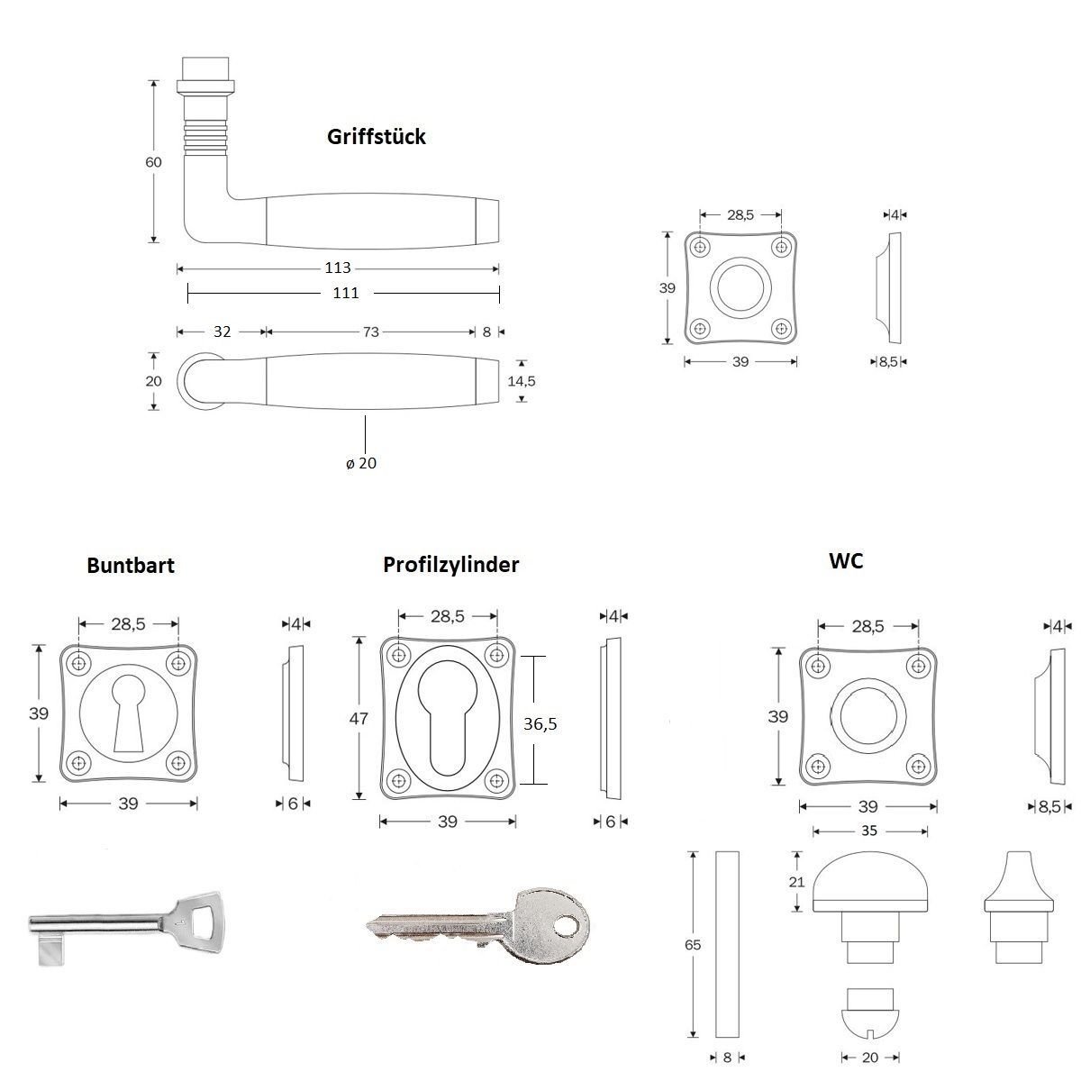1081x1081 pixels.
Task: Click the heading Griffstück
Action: point(376,137)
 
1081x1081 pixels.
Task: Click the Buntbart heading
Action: point(131,566)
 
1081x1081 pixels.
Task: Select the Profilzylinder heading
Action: point(450,565)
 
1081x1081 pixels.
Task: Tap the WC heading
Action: point(845,560)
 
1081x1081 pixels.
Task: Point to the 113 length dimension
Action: point(338,268)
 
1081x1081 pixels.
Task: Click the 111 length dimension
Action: point(346,292)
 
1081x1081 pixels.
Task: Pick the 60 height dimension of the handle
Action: point(153,162)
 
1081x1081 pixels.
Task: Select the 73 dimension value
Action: point(370,332)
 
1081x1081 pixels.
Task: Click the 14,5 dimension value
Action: point(521,381)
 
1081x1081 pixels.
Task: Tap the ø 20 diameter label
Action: point(361,463)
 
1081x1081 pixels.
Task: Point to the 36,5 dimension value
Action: point(540,722)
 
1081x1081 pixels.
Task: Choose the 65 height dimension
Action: point(692,945)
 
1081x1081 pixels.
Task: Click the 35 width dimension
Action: point(868,831)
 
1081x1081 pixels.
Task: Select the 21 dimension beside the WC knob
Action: point(796,882)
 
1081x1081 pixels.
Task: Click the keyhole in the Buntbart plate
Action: point(128,713)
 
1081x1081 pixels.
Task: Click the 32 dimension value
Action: point(222,332)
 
